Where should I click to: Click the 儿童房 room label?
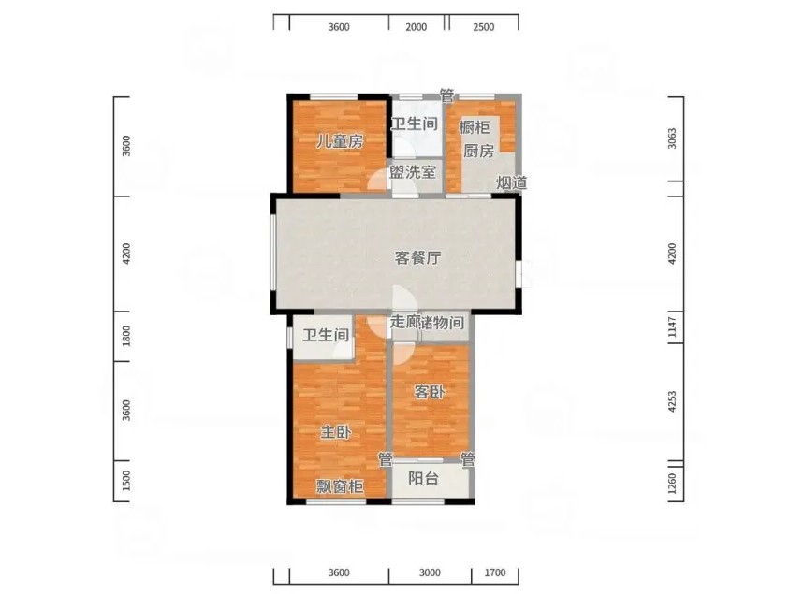tap(340, 141)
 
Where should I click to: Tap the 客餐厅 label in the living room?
tap(417, 257)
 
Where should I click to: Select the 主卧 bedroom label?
tap(336, 431)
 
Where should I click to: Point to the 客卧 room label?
tap(430, 392)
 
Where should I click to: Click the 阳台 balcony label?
tap(424, 478)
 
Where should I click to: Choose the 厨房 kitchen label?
tap(479, 151)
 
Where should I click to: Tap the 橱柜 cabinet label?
tap(475, 126)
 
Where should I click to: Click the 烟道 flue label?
tap(512, 181)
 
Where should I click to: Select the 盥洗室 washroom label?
tap(413, 172)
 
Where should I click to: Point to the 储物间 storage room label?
tap(442, 323)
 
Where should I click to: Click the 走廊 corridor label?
tap(405, 322)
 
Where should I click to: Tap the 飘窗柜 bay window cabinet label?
tap(340, 485)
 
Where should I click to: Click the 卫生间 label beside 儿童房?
tap(415, 123)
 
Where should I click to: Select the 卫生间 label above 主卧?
tap(326, 335)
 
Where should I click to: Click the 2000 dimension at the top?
tap(416, 26)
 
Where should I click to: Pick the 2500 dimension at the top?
tap(484, 26)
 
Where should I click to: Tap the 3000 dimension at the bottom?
tap(430, 572)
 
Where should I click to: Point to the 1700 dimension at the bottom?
tap(495, 572)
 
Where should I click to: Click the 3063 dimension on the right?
tap(672, 138)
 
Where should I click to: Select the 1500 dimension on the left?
tap(126, 481)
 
